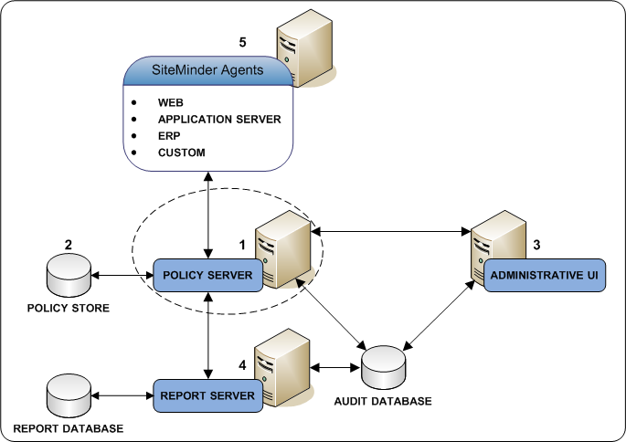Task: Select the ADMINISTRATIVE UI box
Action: (546, 275)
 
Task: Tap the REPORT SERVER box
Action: (207, 395)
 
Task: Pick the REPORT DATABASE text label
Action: (68, 428)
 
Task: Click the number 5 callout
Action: (242, 42)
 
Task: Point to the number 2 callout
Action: (68, 245)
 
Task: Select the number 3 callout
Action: (537, 245)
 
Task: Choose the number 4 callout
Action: (241, 365)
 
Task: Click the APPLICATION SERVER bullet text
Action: (219, 119)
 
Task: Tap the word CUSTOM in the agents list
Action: (182, 152)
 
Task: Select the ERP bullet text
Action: (169, 135)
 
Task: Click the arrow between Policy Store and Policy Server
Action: (122, 274)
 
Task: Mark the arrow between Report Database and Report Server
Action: (122, 395)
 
